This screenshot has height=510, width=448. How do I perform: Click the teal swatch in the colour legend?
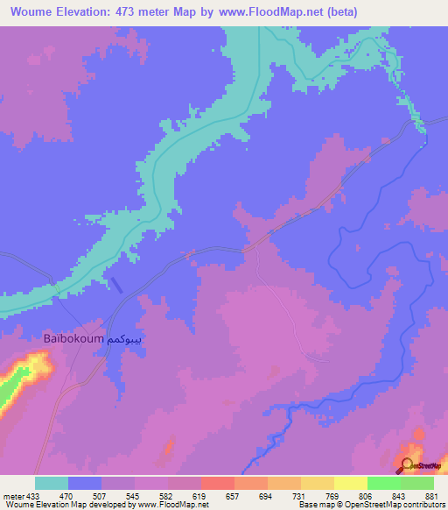coord(52,484)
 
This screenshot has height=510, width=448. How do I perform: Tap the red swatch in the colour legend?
coord(217,484)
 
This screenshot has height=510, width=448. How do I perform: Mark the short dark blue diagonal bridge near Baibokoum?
coord(116,284)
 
